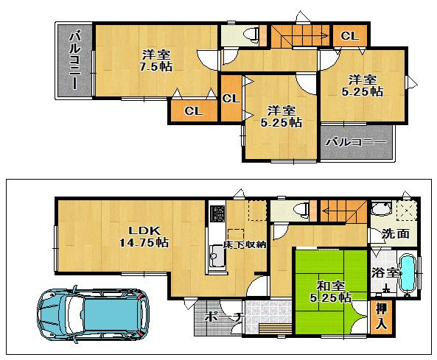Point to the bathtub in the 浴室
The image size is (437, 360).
click(408, 274)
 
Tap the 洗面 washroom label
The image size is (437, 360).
click(395, 234)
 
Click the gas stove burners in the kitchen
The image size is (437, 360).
click(219, 214)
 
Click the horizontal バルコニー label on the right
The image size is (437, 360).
click(357, 141)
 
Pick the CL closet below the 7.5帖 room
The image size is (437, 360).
click(193, 110)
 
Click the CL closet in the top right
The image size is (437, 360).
click(349, 35)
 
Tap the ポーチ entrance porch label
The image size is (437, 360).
click(221, 317)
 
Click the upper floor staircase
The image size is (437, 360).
click(298, 35)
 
